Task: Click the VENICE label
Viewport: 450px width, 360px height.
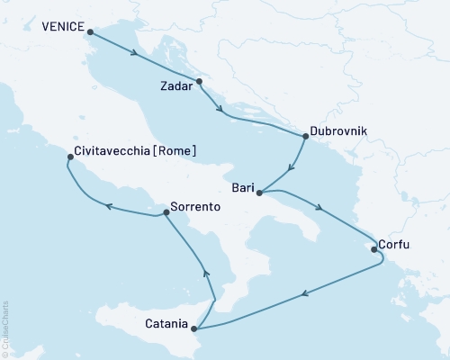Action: pos(61,27)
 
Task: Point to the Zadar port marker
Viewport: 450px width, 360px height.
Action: pos(200,82)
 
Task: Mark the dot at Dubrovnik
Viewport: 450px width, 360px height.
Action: pos(306,137)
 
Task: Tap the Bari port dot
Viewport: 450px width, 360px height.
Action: pos(259,193)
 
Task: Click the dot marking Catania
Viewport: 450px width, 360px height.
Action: pos(194,329)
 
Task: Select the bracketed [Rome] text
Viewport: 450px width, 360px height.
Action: pos(175,151)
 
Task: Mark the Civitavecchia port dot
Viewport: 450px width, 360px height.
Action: pos(70,158)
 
